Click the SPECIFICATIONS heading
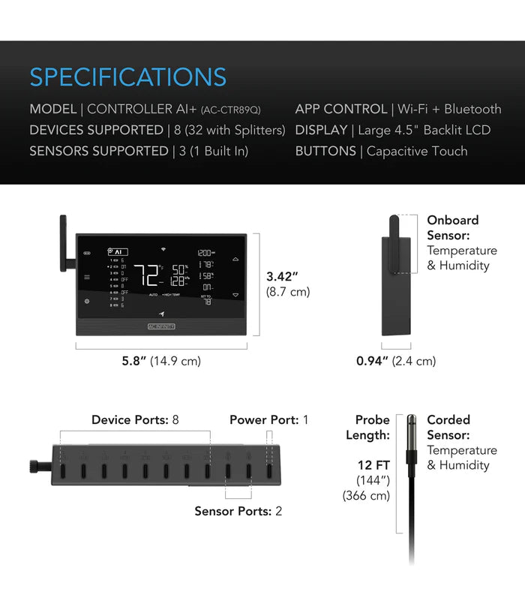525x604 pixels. pyautogui.click(x=127, y=77)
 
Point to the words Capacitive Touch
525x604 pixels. pyautogui.click(x=417, y=151)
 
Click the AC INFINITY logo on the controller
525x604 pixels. pyautogui.click(x=161, y=327)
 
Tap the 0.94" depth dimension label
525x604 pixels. pyautogui.click(x=371, y=361)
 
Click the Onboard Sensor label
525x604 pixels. pyautogui.click(x=452, y=227)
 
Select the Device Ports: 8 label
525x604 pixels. pyautogui.click(x=135, y=419)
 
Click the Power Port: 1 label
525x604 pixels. pyautogui.click(x=268, y=419)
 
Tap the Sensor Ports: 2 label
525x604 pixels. pyautogui.click(x=238, y=511)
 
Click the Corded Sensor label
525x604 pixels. pyautogui.click(x=448, y=427)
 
